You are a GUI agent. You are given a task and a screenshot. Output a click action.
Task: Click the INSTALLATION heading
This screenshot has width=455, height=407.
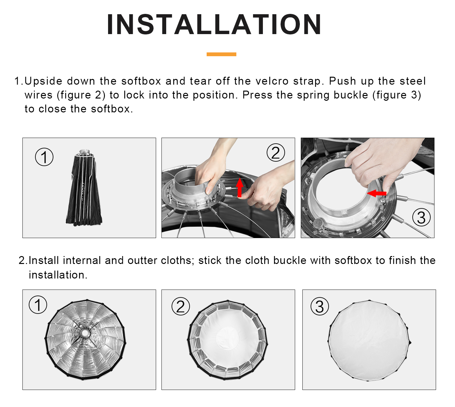[214, 24]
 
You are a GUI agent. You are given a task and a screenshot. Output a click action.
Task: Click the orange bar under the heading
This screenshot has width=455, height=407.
[221, 54]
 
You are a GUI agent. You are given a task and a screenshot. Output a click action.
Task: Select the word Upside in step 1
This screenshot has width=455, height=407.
[43, 81]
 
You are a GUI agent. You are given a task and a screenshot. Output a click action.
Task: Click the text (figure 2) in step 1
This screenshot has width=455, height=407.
[81, 95]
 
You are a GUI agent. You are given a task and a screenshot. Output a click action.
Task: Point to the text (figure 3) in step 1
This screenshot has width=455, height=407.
[397, 95]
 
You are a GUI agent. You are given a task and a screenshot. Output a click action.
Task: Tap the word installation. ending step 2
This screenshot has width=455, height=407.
[58, 275]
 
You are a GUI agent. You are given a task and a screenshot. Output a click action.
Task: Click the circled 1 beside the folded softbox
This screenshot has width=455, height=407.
[44, 157]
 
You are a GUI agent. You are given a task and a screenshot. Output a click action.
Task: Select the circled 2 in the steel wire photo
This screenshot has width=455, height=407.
[276, 153]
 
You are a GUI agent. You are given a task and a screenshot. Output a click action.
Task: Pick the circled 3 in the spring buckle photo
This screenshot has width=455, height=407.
[421, 217]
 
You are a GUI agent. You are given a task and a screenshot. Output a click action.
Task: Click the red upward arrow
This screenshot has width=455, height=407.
[240, 188]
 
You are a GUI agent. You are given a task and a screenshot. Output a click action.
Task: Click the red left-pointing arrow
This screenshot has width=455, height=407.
[376, 193]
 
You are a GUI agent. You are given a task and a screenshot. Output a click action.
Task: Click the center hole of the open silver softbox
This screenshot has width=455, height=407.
[85, 333]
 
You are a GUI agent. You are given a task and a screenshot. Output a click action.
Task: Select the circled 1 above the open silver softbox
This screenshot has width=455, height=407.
[38, 305]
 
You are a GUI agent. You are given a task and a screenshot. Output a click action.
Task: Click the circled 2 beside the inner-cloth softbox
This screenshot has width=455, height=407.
[180, 306]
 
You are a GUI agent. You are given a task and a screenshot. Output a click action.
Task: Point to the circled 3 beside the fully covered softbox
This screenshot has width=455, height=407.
[319, 306]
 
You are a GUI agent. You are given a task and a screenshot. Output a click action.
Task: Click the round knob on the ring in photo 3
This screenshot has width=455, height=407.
[317, 223]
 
